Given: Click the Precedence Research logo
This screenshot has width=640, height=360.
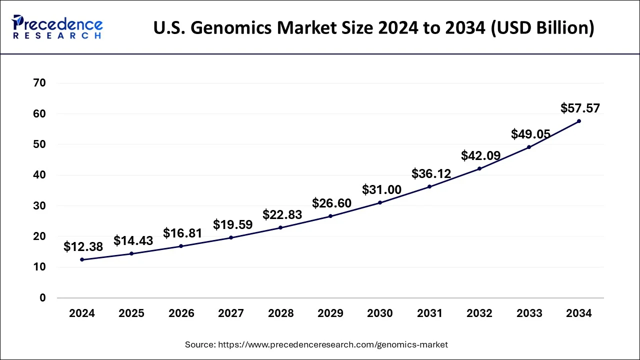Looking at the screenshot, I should [57, 27].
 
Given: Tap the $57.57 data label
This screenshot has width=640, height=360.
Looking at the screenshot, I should [580, 108].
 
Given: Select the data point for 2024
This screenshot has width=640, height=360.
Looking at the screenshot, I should [82, 259].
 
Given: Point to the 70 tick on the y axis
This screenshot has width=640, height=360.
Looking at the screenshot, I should [39, 83].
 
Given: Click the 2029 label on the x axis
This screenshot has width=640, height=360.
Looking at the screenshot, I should [330, 313].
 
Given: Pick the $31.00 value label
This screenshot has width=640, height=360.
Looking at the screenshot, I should [381, 190].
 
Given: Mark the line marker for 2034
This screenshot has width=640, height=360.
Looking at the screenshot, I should [579, 121].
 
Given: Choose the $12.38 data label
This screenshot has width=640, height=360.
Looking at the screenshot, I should [83, 246].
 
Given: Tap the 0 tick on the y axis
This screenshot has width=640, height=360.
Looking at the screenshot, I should [42, 298].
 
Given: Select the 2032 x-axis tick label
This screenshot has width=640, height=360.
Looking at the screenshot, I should [479, 313].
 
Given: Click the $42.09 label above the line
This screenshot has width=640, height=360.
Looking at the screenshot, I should [480, 156].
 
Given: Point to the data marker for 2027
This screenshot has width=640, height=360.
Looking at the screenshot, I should [231, 237].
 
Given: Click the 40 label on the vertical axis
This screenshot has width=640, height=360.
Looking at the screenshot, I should [39, 175].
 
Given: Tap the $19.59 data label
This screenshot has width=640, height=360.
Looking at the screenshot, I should [232, 224].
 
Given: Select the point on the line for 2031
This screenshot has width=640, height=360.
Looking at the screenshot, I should [429, 186].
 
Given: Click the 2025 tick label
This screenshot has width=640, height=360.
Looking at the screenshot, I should [131, 313].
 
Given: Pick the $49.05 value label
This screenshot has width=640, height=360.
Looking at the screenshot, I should [530, 134].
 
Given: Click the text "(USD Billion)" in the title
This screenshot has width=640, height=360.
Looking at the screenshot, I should [544, 28].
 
